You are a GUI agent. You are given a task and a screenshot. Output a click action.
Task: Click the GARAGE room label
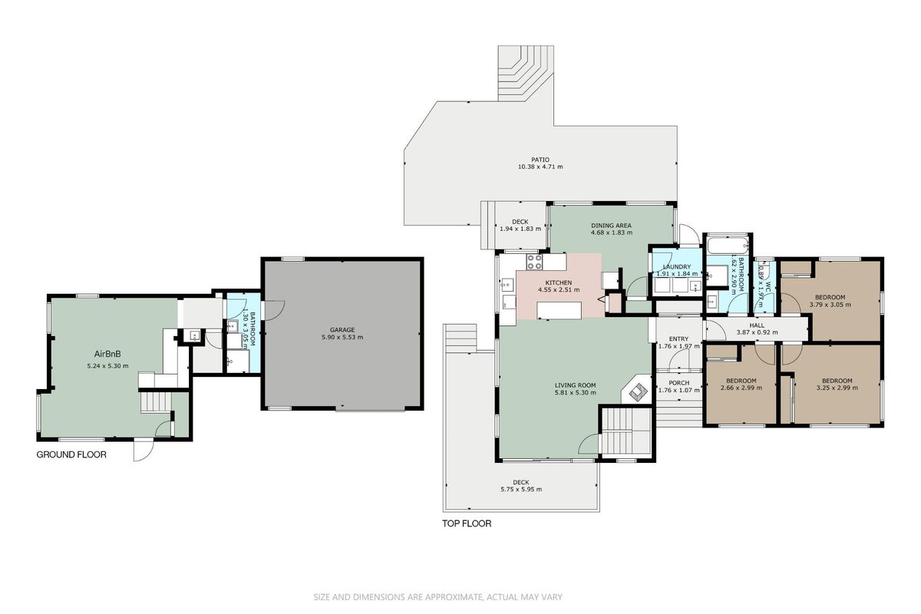pos(342,330)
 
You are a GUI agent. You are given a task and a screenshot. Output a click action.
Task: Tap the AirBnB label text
pos(107,354)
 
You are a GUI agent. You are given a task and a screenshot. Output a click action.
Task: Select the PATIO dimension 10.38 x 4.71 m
pos(540,167)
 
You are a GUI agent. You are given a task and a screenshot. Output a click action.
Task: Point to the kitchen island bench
pos(560,311)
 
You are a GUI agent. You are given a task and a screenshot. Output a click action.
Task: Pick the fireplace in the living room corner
pos(637,391)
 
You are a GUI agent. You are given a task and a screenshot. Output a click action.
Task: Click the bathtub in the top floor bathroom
pos(728,245)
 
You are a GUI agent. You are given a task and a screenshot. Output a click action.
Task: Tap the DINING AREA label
pos(611,226)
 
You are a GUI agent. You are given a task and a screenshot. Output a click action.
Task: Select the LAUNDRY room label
pos(677,267)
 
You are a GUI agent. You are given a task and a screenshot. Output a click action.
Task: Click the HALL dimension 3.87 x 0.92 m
pos(757,332)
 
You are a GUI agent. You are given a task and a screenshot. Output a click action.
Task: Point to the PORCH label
pos(678,383)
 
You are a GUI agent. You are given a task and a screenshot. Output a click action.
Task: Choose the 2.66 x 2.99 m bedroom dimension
pos(741,388)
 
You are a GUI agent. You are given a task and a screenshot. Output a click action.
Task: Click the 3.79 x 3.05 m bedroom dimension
pos(830,305)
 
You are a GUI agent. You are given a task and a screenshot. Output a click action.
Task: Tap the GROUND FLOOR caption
pos(71,454)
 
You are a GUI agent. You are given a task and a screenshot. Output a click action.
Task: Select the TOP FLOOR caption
pos(467,523)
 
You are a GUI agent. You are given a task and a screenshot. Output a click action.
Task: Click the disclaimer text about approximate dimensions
pos(438,597)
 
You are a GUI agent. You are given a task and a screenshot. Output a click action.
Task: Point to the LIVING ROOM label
pos(575,385)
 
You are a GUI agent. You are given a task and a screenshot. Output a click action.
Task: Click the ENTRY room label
pos(678,339)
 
